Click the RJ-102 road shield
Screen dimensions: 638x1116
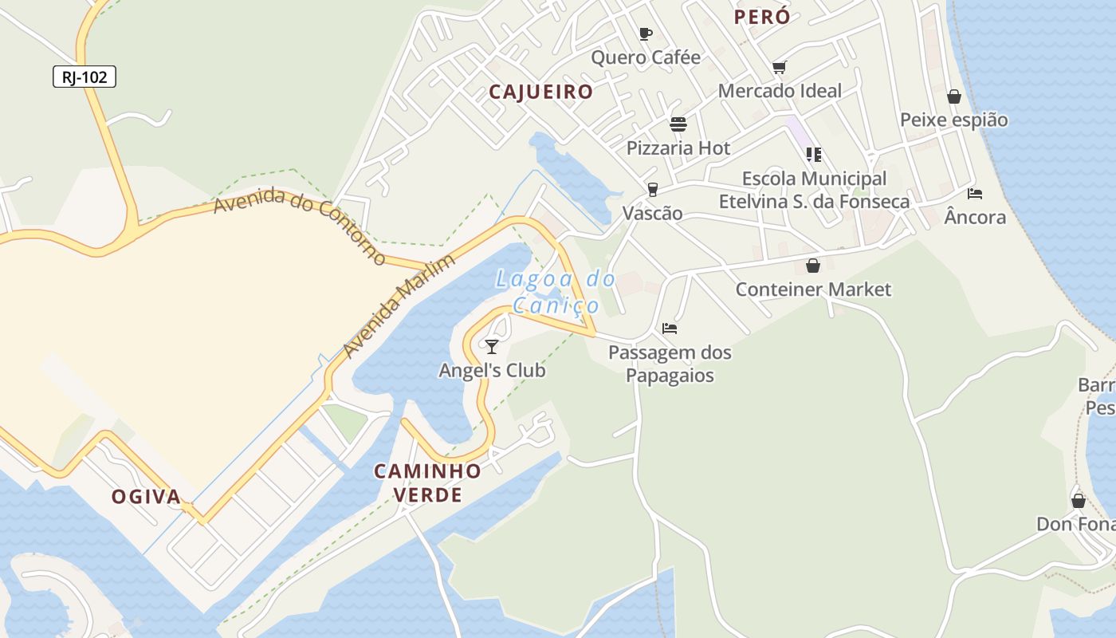(84, 77)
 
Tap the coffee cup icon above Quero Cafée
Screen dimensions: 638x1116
(646, 33)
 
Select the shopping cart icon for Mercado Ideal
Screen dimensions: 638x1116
(779, 68)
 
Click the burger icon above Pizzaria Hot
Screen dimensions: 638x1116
(678, 124)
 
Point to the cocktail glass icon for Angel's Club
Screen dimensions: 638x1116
(492, 346)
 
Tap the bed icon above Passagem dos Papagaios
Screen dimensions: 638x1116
(670, 328)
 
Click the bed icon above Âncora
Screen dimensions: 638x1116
(974, 193)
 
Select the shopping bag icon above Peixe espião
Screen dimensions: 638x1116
(953, 96)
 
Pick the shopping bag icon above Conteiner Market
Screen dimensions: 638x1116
(813, 266)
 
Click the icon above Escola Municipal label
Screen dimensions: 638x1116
(813, 155)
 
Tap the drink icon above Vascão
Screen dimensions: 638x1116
(653, 190)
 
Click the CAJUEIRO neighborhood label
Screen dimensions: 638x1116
(541, 92)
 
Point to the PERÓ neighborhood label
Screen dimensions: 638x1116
(762, 17)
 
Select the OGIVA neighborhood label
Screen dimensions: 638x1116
(146, 497)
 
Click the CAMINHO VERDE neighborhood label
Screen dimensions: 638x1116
(428, 482)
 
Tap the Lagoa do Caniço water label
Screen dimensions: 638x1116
(556, 292)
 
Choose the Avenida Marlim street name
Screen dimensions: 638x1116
(399, 305)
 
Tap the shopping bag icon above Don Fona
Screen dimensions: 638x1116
(1078, 501)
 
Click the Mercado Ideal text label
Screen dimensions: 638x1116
(780, 91)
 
